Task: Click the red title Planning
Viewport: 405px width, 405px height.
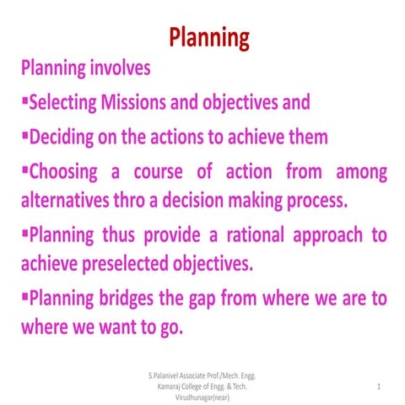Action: coord(208,38)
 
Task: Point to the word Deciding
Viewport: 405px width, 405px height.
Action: coord(62,137)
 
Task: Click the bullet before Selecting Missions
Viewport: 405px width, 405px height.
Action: coord(25,102)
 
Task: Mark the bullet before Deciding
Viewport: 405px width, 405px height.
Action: coord(25,136)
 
